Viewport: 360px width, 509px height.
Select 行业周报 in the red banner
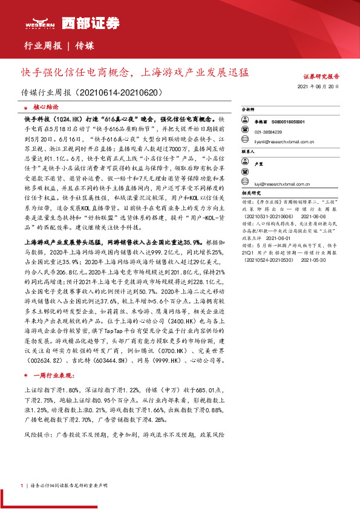coord(42,45)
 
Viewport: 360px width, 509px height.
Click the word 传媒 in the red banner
coord(85,45)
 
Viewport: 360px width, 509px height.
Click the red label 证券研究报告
coord(321,77)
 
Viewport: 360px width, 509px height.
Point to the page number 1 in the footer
coord(22,485)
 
